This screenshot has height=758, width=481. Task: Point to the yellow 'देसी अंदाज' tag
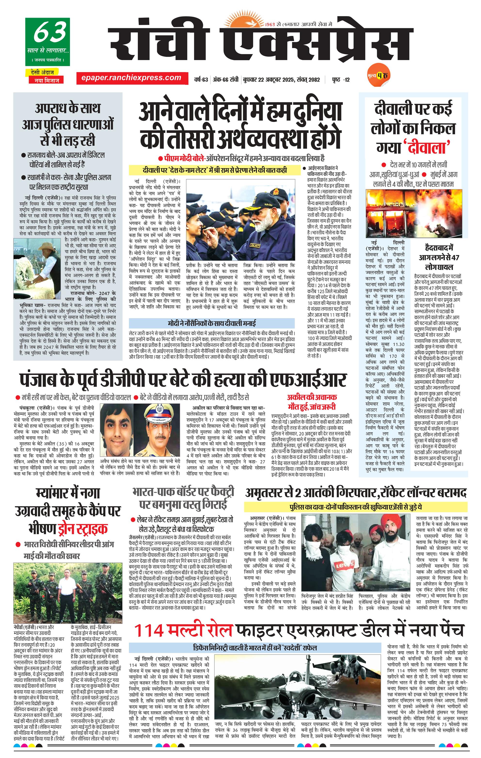click(44, 72)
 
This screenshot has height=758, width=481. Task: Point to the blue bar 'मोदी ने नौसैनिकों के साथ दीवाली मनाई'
click(212, 323)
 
